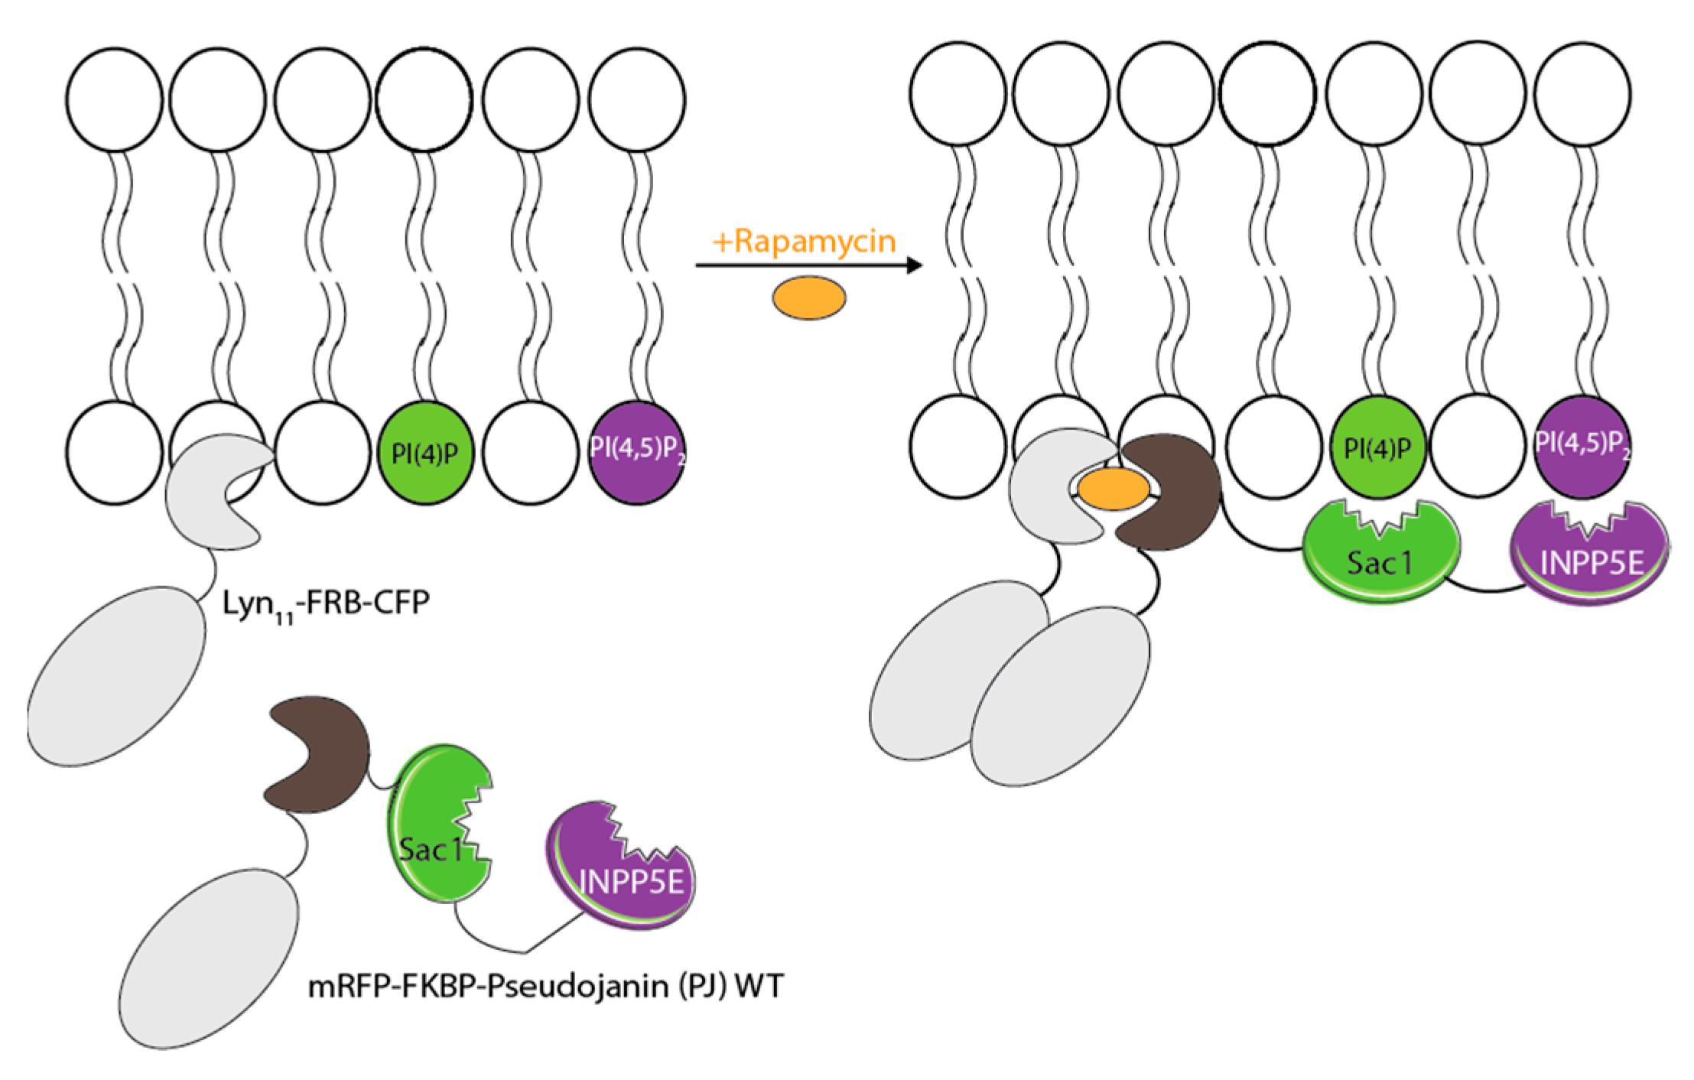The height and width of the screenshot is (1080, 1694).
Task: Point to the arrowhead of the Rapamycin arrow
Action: (x=912, y=266)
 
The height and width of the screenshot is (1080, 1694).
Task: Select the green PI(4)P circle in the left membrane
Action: (x=425, y=453)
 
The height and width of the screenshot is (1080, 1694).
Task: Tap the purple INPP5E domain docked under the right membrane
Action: (x=1591, y=558)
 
